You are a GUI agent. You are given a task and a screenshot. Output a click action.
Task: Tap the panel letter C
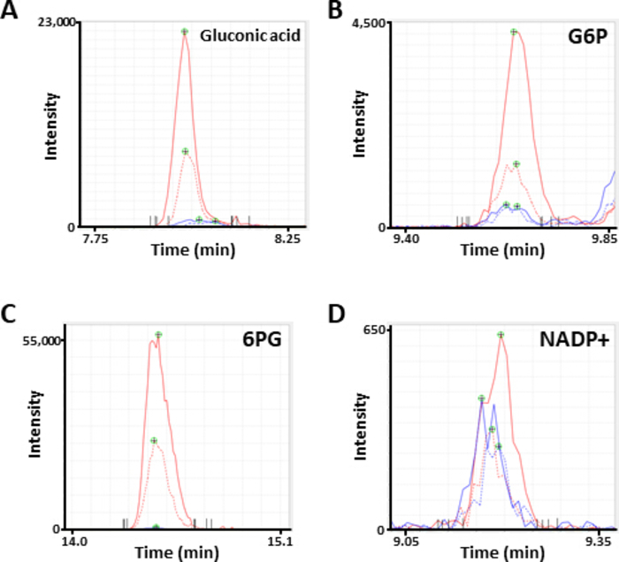tap(10, 315)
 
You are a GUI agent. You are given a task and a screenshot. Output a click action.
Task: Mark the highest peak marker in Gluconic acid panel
tap(185, 32)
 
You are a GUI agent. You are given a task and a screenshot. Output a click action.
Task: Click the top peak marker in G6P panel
tap(514, 33)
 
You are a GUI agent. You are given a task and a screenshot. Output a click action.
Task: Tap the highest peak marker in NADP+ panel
tap(501, 335)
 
